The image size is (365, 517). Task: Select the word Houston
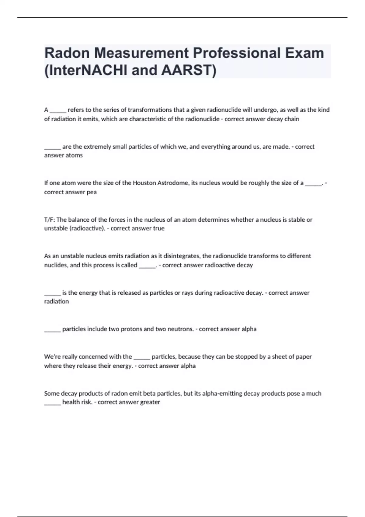(144, 183)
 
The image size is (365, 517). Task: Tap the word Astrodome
(173, 183)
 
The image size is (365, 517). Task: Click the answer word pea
(92, 192)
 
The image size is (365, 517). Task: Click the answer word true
(159, 228)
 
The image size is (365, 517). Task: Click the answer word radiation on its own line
(57, 301)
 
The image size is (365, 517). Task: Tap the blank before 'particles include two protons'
(52, 330)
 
